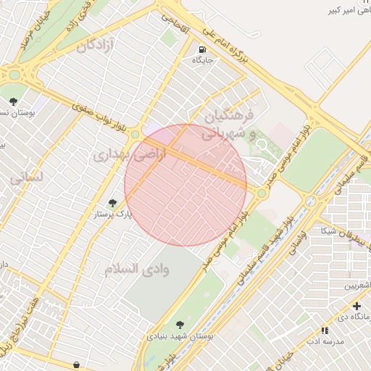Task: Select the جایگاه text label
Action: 202,61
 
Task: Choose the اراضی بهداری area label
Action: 130,154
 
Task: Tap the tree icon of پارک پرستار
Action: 112,204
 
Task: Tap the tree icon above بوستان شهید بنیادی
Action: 180,325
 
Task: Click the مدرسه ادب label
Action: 323,341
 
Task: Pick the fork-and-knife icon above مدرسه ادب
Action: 325,330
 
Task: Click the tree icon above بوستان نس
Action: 12,101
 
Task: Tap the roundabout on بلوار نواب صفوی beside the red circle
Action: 134,133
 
